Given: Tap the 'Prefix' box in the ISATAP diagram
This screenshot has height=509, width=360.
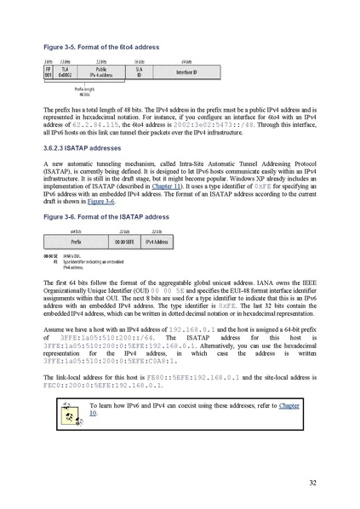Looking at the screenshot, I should [x=76, y=242].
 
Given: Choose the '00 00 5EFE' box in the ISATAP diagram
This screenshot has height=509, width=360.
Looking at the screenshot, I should [x=125, y=242].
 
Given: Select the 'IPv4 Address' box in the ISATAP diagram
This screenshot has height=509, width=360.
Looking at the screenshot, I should [x=157, y=242].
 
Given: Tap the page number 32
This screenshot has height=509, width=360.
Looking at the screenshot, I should [x=312, y=483].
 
